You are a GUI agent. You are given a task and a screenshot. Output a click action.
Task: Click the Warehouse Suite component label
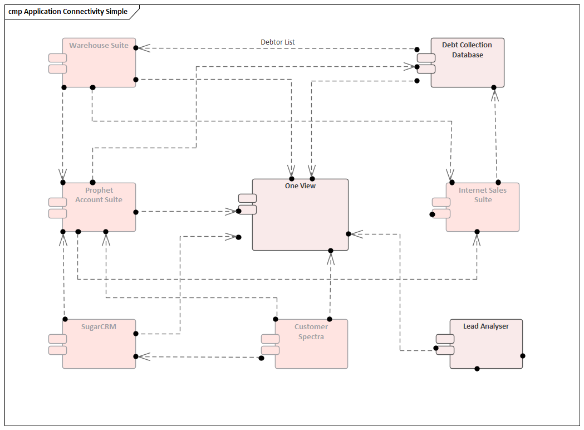click(99, 46)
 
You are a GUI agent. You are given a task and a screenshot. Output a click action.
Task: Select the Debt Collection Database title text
click(467, 50)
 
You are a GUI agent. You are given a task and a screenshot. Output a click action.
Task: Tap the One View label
click(300, 186)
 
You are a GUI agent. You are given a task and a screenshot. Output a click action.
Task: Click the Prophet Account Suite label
click(99, 195)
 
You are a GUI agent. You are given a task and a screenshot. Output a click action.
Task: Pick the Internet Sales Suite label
click(483, 195)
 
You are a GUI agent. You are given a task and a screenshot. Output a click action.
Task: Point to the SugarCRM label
click(99, 327)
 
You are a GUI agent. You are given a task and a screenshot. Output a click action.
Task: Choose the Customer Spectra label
click(311, 332)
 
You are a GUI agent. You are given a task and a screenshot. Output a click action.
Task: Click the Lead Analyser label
click(485, 326)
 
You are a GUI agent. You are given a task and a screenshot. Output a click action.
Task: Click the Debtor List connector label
click(278, 42)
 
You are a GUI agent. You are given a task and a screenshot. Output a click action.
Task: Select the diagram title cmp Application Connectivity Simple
click(68, 12)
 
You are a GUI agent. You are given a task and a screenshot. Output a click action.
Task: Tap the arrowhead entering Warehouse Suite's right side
click(143, 48)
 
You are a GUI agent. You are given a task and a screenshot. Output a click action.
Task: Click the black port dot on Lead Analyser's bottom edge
click(477, 369)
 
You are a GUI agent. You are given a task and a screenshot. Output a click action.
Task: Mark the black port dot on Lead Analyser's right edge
click(523, 356)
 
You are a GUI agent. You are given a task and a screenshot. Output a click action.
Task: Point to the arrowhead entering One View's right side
click(356, 234)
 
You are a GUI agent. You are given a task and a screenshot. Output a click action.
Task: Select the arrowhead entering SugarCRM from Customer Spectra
click(143, 356)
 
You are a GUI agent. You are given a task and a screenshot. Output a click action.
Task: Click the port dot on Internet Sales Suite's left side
click(432, 214)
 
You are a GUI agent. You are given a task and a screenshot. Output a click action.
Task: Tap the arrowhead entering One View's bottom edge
click(331, 258)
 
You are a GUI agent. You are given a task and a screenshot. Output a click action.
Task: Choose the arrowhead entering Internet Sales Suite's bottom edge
click(477, 239)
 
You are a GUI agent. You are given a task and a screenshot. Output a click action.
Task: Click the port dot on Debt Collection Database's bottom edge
click(494, 87)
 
